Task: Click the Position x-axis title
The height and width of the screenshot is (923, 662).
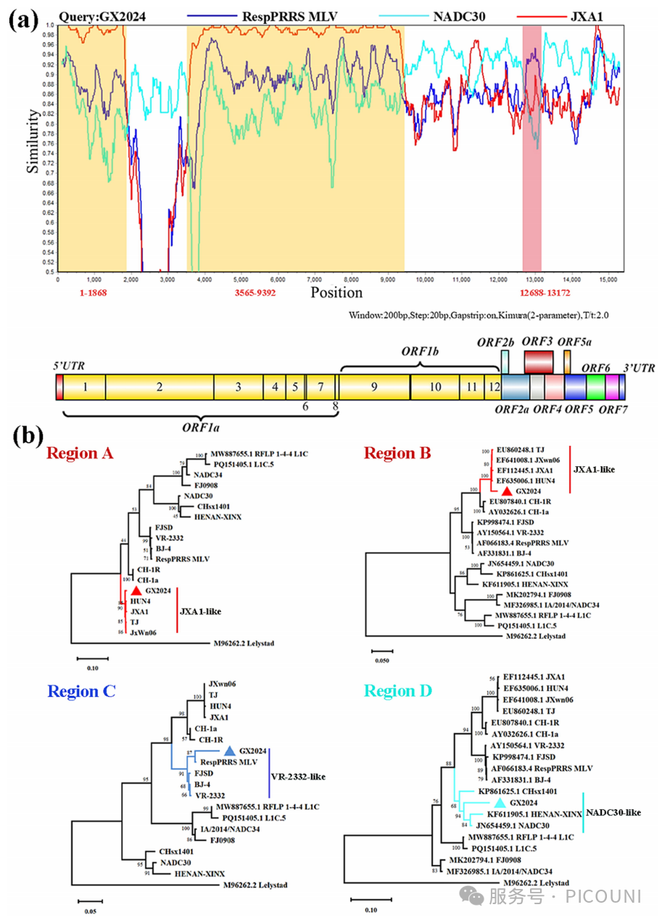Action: tap(337, 292)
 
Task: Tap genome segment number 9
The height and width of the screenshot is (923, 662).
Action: tap(374, 387)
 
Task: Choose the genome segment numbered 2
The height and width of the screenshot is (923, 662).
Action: tap(159, 387)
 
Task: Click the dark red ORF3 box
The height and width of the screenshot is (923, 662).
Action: tap(539, 360)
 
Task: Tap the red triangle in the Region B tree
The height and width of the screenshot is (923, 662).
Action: tap(506, 491)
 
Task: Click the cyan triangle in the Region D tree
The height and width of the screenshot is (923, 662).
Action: tap(500, 803)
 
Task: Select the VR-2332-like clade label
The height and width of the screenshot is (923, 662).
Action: tap(298, 777)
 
